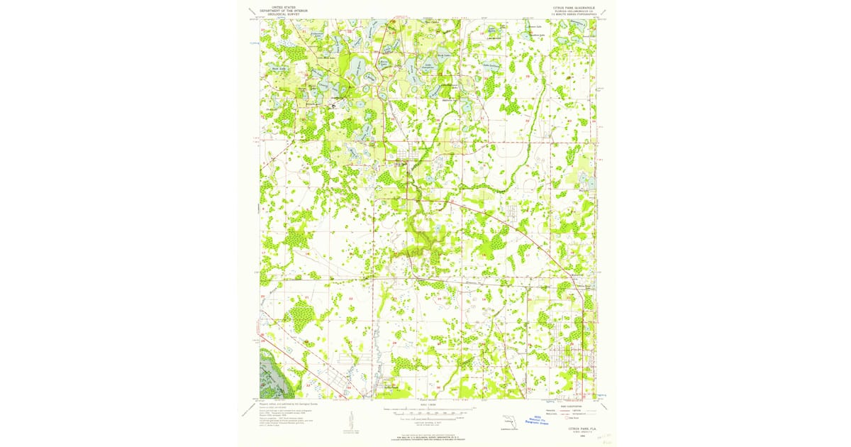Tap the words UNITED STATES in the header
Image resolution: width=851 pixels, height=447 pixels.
279,5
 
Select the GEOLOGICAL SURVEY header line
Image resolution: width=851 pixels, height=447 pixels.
279,13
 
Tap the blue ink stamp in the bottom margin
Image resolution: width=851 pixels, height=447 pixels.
540,420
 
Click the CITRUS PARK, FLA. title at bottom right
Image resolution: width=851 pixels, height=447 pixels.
572,430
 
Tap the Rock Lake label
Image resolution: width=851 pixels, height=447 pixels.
277,69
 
